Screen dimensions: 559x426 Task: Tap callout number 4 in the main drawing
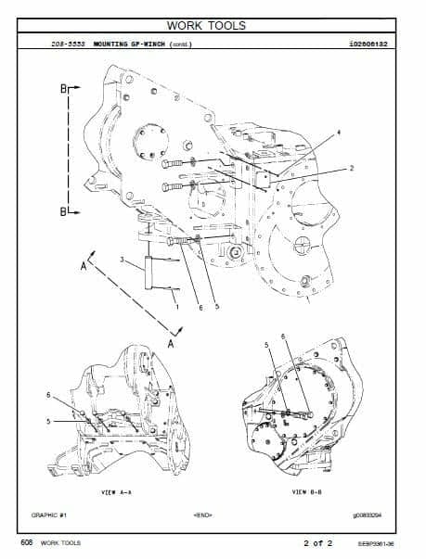pos(338,133)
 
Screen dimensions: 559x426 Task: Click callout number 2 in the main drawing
pos(352,169)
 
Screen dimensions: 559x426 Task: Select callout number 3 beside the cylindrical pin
pos(122,263)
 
